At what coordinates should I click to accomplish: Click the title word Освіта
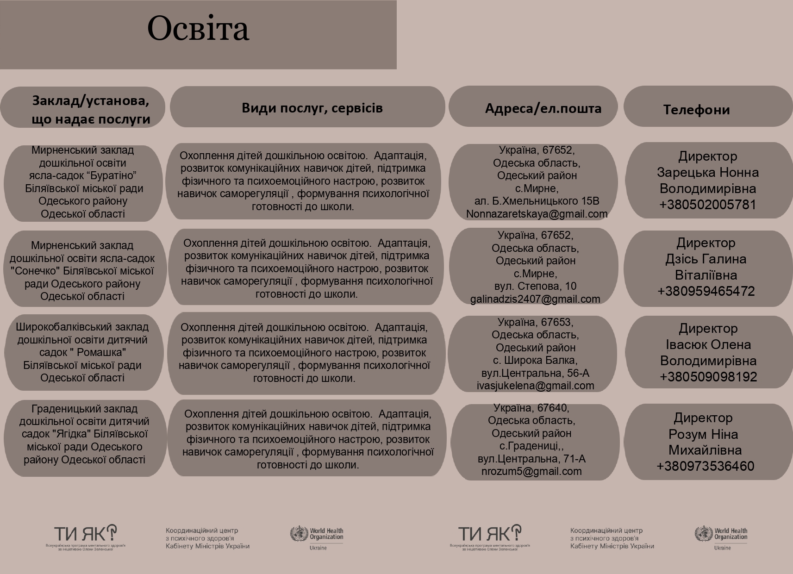[x=198, y=29]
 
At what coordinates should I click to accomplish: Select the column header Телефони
[x=696, y=110]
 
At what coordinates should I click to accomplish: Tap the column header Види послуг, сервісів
[x=312, y=108]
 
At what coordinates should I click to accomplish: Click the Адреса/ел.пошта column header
[x=543, y=108]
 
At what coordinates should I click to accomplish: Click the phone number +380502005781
[x=707, y=205]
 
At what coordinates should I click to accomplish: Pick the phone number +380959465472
[x=706, y=291]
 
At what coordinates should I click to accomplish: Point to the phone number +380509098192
[x=708, y=377]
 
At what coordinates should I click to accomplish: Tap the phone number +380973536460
[x=706, y=466]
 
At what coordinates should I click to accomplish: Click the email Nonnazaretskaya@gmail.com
[x=537, y=214]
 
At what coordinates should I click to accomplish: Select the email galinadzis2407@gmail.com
[x=535, y=299]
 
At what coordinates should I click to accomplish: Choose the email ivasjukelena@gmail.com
[x=535, y=386]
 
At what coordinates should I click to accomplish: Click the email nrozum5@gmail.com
[x=531, y=471]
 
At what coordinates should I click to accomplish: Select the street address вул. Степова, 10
[x=535, y=286]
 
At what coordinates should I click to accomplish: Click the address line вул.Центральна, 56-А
[x=535, y=373]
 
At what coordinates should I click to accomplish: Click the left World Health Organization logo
[x=317, y=537]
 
